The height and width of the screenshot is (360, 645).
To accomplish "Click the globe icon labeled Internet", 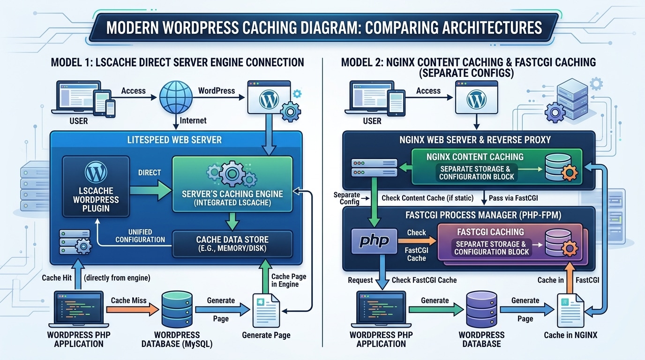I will (x=176, y=97).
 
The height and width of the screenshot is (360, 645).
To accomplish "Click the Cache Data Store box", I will (x=232, y=243).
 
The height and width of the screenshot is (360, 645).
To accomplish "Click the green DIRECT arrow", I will (x=150, y=189).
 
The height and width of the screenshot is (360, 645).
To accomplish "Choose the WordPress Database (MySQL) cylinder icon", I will (x=177, y=309).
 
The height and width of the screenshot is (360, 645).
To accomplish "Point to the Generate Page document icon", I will (x=266, y=310).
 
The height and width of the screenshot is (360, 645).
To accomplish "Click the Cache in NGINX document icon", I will (x=570, y=310).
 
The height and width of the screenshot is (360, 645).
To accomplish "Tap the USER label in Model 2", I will (x=372, y=121).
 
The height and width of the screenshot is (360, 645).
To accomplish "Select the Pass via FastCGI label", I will (x=514, y=198).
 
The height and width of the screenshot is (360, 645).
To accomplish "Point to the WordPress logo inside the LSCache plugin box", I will (x=96, y=172).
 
